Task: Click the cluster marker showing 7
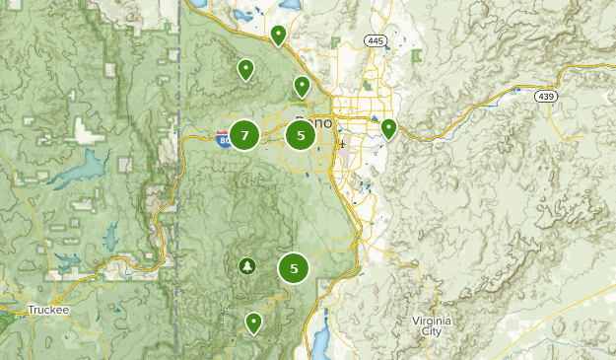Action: click(244, 135)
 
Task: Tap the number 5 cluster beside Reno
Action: click(301, 135)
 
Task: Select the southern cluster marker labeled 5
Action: click(294, 267)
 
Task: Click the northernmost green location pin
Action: click(279, 36)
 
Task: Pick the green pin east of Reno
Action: click(389, 128)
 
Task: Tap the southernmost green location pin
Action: click(254, 322)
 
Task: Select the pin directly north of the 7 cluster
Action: click(244, 69)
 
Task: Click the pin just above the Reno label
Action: click(303, 87)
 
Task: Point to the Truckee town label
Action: click(47, 309)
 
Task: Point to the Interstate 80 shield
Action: click(223, 139)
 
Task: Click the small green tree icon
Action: click(246, 265)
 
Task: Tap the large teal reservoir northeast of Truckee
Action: click(79, 170)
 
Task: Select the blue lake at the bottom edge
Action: click(321, 343)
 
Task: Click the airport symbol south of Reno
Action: click(341, 144)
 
